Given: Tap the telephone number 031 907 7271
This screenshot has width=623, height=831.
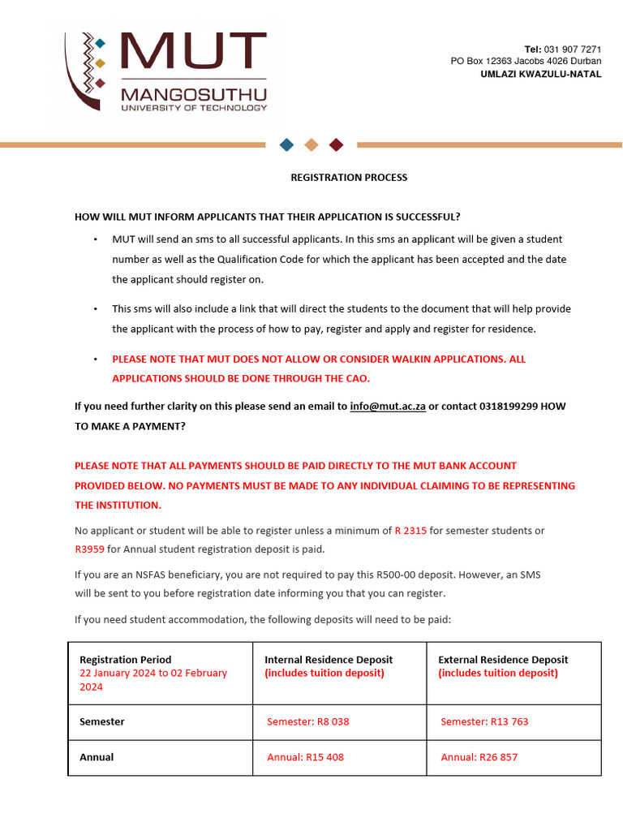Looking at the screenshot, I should [x=573, y=50].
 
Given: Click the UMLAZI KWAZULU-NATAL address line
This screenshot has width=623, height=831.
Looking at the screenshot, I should [x=541, y=74].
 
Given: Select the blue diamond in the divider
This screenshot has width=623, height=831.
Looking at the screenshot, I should [x=286, y=144].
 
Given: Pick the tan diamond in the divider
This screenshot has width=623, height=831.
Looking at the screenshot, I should [x=311, y=144].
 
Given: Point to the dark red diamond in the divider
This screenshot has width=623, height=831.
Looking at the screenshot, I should [x=337, y=144].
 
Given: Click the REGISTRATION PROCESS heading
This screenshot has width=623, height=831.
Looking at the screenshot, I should [x=349, y=178].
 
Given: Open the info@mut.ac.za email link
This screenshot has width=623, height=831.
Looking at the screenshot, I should [x=388, y=406].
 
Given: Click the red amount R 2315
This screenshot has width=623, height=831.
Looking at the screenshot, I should [x=410, y=531].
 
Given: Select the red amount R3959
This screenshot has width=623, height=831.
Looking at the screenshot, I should [x=90, y=549].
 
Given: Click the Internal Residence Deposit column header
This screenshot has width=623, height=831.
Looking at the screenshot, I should [x=329, y=660].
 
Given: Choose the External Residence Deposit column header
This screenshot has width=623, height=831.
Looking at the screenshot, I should [x=503, y=660].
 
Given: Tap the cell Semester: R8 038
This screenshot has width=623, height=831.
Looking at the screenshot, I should [x=308, y=721].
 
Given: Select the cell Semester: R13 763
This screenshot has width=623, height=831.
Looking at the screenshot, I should [x=484, y=721].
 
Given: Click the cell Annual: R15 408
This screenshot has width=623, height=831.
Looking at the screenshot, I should [x=306, y=757].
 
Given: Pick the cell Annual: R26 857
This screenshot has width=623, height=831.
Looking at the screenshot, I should [x=479, y=757].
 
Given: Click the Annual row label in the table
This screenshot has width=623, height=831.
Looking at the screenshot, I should [x=97, y=757].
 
